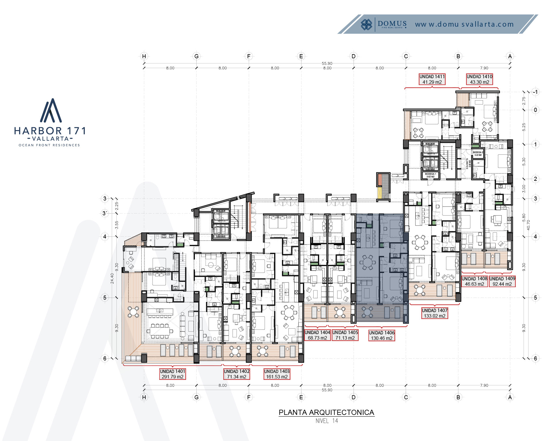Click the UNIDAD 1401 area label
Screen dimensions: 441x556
[172, 374]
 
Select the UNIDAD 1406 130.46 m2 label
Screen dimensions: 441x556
[381, 335]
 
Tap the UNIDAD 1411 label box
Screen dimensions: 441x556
[432, 79]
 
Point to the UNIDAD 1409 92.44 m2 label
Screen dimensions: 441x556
[502, 281]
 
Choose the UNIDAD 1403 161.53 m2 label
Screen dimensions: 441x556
[277, 374]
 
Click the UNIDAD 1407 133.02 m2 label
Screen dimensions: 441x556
[434, 313]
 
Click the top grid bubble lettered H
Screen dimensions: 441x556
[144, 56]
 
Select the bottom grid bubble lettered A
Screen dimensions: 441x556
[510, 397]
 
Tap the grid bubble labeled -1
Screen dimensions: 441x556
[535, 92]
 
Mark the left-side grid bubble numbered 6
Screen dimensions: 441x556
[105, 358]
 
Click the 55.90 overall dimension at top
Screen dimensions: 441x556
[327, 63]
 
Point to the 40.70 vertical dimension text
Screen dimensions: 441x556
[528, 225]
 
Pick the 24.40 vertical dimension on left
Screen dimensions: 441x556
[112, 278]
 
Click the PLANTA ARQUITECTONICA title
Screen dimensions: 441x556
[326, 412]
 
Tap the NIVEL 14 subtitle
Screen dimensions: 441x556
[327, 421]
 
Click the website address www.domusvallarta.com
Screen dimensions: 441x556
[464, 24]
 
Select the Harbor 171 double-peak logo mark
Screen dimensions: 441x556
[51, 111]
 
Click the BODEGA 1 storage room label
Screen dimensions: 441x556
[430, 175]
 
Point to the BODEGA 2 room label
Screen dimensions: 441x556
[478, 154]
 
